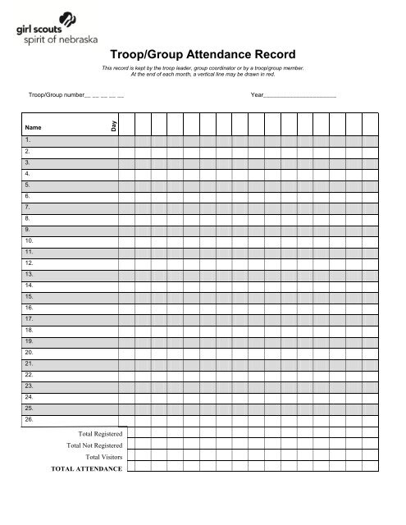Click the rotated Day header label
[x=114, y=124]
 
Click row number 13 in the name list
[x=30, y=273]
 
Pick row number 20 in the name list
[x=30, y=350]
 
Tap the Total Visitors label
[x=104, y=457]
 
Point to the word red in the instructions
[x=279, y=74]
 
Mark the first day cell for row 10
[x=126, y=240]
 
